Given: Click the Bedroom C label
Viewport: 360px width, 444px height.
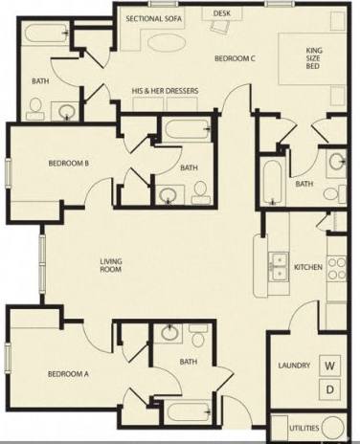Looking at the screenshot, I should coord(235,58).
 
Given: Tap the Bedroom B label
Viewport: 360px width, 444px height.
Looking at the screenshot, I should coord(68,163).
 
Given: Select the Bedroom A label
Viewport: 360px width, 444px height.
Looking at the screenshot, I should coord(68,373).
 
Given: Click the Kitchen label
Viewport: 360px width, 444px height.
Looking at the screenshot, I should coord(307,267).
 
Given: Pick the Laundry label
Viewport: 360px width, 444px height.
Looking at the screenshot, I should coord(291,366).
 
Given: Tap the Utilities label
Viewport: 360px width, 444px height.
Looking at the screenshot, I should coord(292,425).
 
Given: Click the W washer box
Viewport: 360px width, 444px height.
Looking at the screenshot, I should coord(329,366).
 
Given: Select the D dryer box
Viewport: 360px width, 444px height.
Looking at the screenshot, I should coord(329,388).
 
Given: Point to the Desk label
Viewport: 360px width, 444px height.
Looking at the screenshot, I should coord(222,13).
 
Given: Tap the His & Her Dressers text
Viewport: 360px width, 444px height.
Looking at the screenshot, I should coord(165,91).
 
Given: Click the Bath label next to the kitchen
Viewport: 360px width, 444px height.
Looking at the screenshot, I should coord(304,184).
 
